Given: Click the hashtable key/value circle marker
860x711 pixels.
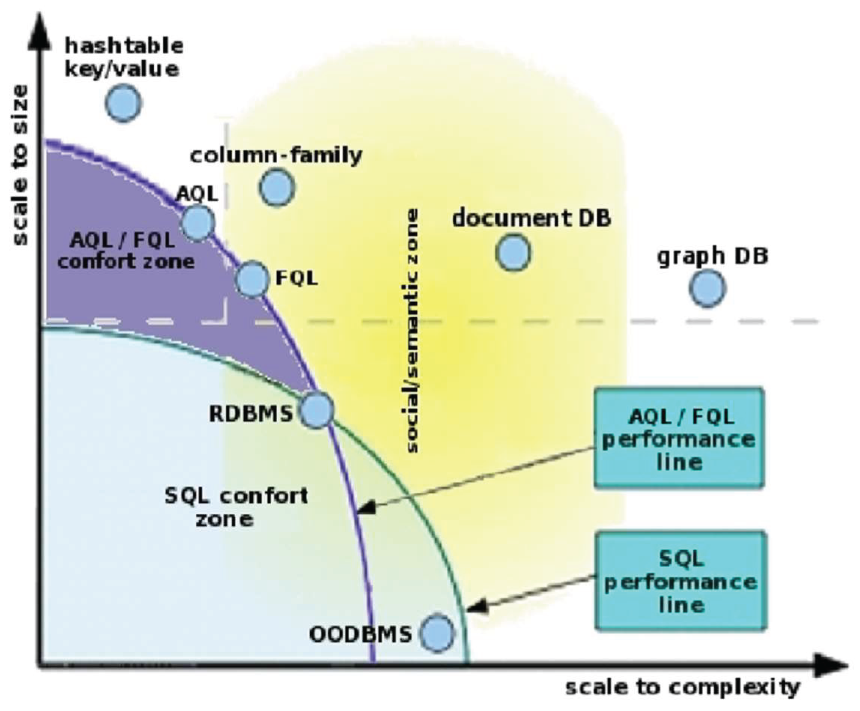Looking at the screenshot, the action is coord(123,103).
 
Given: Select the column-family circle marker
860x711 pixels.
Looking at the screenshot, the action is coord(277,187).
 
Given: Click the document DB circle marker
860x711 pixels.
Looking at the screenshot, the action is coord(513,252).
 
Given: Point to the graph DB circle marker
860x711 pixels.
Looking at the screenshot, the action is coord(707,288).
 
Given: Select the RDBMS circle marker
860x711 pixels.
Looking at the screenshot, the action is coord(317,411).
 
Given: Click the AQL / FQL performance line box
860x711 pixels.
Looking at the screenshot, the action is coord(679,438).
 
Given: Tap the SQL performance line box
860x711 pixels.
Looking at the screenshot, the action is coord(680,581).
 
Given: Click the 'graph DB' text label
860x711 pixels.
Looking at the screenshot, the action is coord(713,257).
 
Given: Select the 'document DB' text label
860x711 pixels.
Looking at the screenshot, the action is coord(531,218).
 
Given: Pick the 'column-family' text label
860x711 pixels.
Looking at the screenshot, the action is coord(276,156).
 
